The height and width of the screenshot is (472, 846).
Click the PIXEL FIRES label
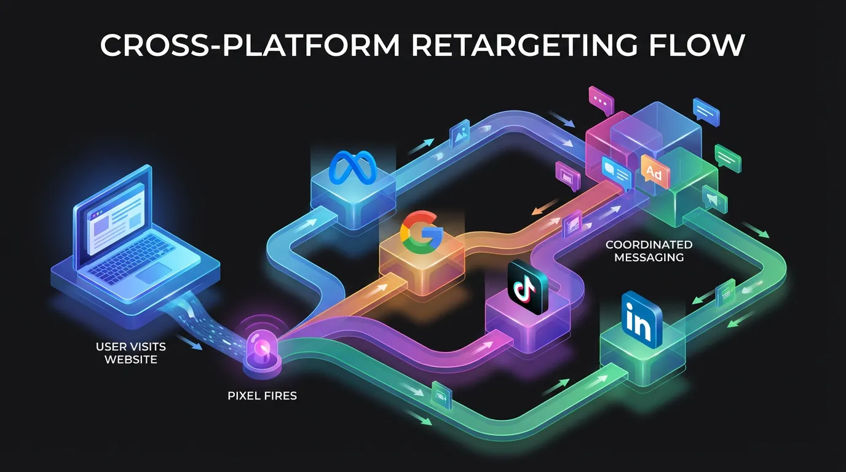262,396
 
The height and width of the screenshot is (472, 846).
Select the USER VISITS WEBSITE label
130,353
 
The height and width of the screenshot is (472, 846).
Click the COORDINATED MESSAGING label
649,251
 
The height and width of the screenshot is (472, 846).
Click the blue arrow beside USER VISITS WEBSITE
192,342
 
